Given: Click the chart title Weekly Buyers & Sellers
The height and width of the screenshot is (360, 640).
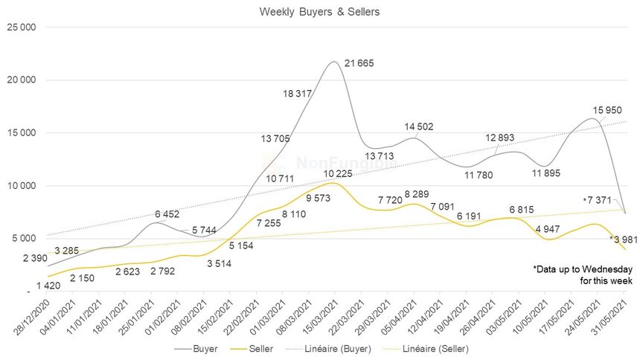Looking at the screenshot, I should [x=320, y=12].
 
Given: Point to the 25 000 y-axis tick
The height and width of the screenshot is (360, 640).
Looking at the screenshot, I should [x=24, y=28].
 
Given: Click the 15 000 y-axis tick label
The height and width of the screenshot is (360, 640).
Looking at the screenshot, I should [x=24, y=133].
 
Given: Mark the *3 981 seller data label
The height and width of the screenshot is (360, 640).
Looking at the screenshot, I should [x=623, y=239].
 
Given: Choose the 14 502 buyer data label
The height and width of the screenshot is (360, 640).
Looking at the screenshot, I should [x=419, y=127].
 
